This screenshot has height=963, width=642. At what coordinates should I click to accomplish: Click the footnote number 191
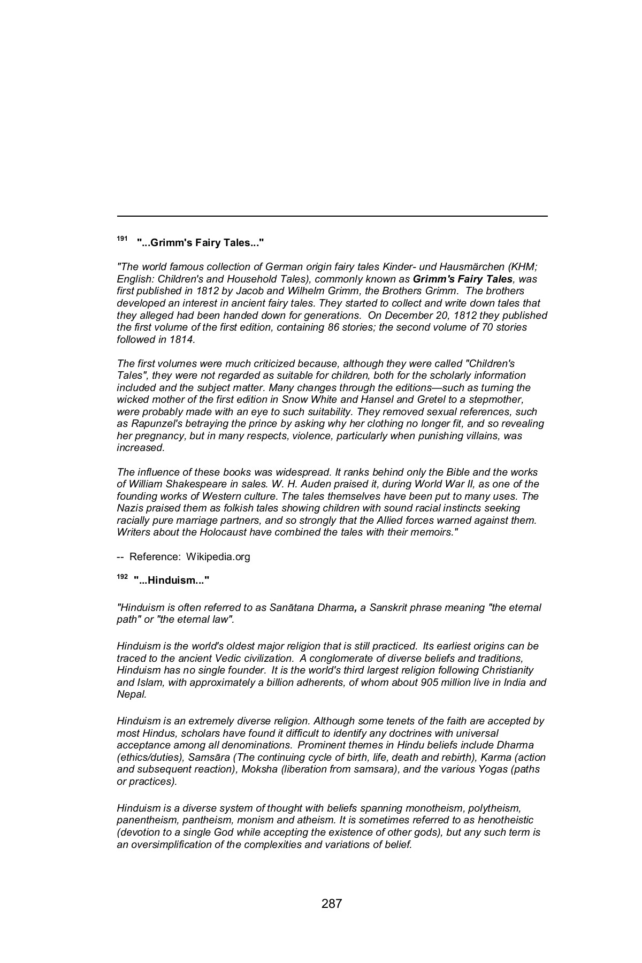(x=123, y=238)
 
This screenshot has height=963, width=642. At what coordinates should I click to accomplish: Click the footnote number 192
(x=123, y=576)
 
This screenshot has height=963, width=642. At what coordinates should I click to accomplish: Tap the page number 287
(x=331, y=904)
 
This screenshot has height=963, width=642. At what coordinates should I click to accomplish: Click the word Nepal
(x=131, y=694)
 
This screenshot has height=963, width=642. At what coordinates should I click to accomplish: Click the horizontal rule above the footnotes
(x=332, y=216)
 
